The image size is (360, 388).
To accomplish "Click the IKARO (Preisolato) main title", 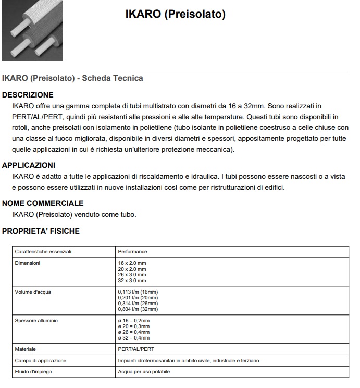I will [x=175, y=15].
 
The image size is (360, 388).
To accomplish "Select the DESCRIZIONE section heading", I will [x=28, y=95].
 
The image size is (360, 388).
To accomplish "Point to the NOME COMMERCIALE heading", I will [x=43, y=203].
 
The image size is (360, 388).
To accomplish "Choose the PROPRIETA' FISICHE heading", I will [x=41, y=231].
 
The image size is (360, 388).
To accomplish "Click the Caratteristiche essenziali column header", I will [x=43, y=252].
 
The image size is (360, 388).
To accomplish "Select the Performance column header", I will [x=133, y=252].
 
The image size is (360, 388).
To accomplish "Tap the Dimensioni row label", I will [x=28, y=263].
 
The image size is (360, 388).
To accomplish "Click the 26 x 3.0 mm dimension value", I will [x=132, y=275].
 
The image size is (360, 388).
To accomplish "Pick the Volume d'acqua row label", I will [x=32, y=292].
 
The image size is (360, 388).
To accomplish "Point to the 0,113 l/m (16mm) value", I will [x=138, y=292].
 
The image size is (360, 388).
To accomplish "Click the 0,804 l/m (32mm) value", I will [x=138, y=309].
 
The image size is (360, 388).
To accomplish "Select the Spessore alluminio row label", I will [x=36, y=320].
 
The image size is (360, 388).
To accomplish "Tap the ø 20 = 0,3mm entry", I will [x=134, y=326].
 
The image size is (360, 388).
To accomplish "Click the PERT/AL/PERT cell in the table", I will [x=136, y=349].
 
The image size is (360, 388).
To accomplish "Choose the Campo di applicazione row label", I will [x=41, y=360].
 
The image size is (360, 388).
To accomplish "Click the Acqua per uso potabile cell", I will [x=144, y=372].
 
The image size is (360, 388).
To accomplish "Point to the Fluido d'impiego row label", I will [x=33, y=372].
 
